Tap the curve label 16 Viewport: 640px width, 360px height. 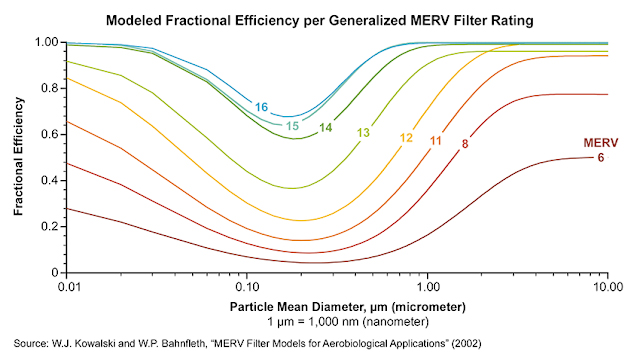click(x=261, y=106)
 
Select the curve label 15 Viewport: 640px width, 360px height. click(x=292, y=125)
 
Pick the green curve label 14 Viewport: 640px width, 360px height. click(x=326, y=128)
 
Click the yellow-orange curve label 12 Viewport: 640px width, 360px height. click(x=406, y=137)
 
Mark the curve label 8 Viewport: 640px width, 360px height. click(x=465, y=145)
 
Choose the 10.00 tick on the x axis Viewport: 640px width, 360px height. click(x=605, y=284)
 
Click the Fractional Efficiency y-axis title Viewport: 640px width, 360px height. click(x=19, y=157)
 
